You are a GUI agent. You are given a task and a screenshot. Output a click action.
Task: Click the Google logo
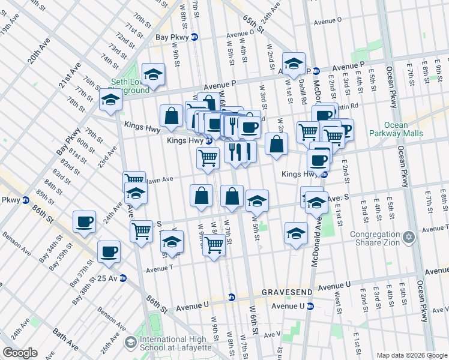20,353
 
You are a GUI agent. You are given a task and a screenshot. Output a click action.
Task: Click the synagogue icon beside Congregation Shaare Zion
408,238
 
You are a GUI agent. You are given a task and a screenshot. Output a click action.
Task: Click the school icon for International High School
131,343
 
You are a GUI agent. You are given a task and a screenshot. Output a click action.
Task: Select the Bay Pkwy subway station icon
194,37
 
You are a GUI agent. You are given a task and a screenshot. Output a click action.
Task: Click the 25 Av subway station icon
123,278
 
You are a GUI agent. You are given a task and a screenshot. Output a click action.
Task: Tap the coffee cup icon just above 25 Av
109,251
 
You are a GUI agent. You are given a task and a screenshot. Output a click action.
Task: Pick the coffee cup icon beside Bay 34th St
84,221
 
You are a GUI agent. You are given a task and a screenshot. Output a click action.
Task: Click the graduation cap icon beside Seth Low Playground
154,74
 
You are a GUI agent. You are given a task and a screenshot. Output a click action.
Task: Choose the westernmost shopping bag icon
172,116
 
